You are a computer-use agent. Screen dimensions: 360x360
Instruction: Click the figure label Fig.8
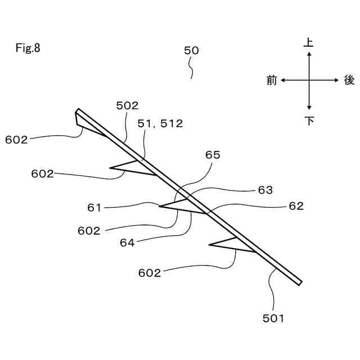(x=28, y=48)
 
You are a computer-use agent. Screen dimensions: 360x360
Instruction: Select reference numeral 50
(x=191, y=51)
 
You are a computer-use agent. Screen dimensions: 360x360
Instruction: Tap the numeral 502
(x=127, y=105)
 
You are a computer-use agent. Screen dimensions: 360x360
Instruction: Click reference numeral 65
(x=213, y=155)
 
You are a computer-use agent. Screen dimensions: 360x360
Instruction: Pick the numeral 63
(x=265, y=190)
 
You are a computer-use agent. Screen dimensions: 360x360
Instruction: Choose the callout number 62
(x=296, y=206)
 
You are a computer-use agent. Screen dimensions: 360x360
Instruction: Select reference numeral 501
(x=273, y=318)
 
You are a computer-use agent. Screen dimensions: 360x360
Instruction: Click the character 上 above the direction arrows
(x=309, y=42)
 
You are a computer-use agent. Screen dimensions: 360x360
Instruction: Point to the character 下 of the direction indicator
(x=309, y=120)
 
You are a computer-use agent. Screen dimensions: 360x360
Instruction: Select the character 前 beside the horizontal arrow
(x=272, y=81)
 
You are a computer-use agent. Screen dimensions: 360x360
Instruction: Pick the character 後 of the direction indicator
(x=349, y=81)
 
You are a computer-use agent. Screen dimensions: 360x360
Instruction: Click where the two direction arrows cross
(x=309, y=80)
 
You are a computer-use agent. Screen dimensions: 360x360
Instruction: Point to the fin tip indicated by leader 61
(x=160, y=206)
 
